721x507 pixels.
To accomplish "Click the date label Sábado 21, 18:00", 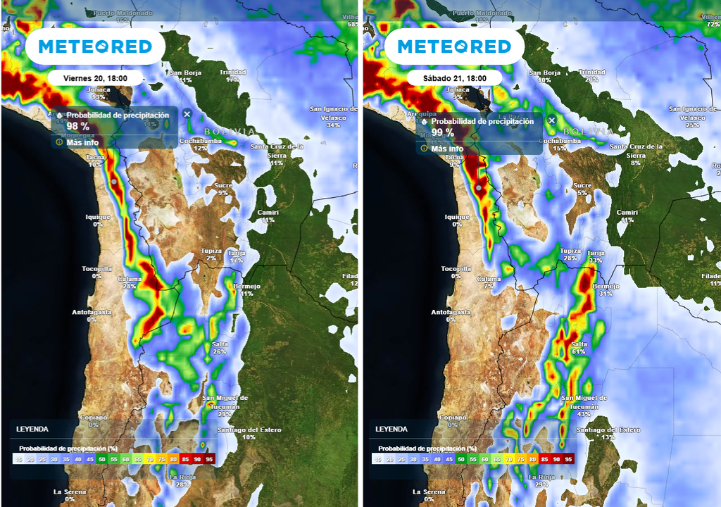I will [454, 78].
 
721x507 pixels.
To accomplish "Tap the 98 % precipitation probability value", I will [78, 126].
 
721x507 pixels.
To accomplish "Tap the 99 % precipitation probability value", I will [443, 132].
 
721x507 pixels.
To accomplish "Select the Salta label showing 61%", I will [579, 348].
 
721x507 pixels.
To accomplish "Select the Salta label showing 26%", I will [220, 347].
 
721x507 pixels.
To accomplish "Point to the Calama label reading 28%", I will [130, 282].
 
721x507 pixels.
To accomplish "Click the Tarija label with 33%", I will [596, 256].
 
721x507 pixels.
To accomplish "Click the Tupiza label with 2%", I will [211, 254].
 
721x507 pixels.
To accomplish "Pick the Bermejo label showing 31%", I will [606, 289].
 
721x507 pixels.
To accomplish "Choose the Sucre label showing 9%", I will [223, 189].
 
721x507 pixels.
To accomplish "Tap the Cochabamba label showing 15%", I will [560, 144].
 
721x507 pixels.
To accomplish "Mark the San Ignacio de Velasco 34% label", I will [333, 117].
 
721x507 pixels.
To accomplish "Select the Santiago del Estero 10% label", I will [249, 433].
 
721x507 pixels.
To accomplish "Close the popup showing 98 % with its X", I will [187, 114].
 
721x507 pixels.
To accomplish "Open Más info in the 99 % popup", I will [447, 149].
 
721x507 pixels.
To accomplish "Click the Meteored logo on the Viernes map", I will [95, 47].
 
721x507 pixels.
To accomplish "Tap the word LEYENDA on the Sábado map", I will [391, 429].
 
